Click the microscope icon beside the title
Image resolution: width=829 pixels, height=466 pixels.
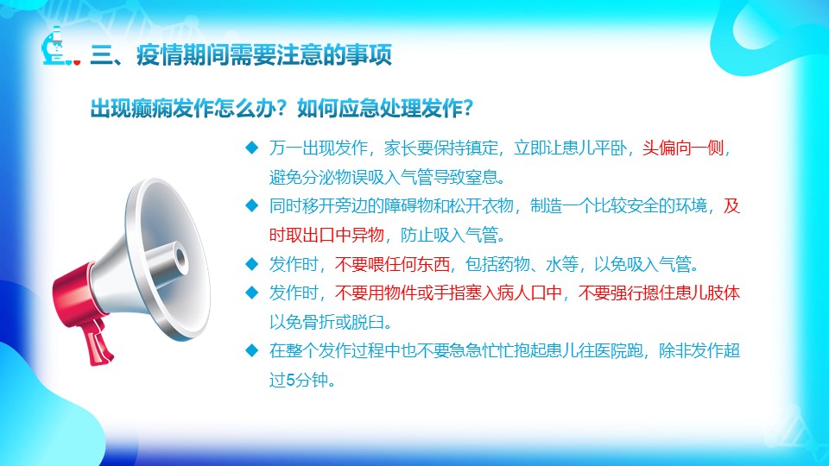coord(60,47)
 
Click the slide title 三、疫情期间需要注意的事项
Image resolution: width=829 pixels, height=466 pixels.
coord(241,54)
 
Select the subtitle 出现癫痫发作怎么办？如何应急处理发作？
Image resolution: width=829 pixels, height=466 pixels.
coord(282,109)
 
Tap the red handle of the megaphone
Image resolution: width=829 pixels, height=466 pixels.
coord(96,341)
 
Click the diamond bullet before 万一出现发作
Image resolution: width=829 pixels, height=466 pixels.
coord(251,148)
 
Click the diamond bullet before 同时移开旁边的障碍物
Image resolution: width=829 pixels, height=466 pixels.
coord(251,205)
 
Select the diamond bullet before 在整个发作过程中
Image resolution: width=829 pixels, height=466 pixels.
coord(251,350)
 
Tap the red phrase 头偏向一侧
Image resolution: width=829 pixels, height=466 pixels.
coord(683,148)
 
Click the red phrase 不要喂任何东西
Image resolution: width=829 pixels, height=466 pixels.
coord(392,264)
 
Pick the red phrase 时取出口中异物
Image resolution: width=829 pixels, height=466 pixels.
coord(326,235)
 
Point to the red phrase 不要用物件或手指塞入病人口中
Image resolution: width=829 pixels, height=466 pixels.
coord(448,293)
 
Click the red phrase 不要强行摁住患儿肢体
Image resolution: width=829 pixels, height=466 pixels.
coord(659,293)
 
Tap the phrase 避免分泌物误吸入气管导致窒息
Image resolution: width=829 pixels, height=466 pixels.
coord(383,177)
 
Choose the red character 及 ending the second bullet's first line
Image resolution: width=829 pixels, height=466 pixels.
coord(731,205)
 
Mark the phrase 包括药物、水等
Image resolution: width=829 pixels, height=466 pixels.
coord(522,264)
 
